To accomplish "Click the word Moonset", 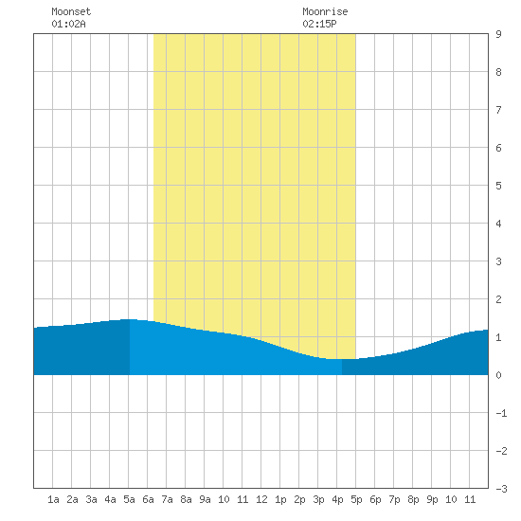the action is pos(71,11).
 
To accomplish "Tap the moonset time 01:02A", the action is pos(68,24).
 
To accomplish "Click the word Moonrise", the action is pos(325,11).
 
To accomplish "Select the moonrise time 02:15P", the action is pos(319,24).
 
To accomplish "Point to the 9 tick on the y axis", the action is pos(498,34).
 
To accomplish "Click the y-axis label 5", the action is pos(498,186).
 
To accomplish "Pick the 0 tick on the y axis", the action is pos(498,375).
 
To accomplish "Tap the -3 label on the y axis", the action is pos(501,489).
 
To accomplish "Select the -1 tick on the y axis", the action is pos(501,413).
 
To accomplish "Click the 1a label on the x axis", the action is pos(53,499).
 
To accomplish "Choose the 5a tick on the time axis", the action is pos(129,499).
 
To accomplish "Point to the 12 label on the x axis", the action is pos(261,499).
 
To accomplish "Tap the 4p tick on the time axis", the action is pos(337,499).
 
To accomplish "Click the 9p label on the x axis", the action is pos(432,499).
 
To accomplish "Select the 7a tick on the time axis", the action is pos(167,499).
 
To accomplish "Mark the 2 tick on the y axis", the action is pos(498,299).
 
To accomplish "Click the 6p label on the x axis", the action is pos(375,499).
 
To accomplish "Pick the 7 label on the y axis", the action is pos(498,110).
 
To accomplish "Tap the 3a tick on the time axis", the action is pos(91,499).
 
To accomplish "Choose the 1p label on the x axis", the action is pos(280,499).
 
